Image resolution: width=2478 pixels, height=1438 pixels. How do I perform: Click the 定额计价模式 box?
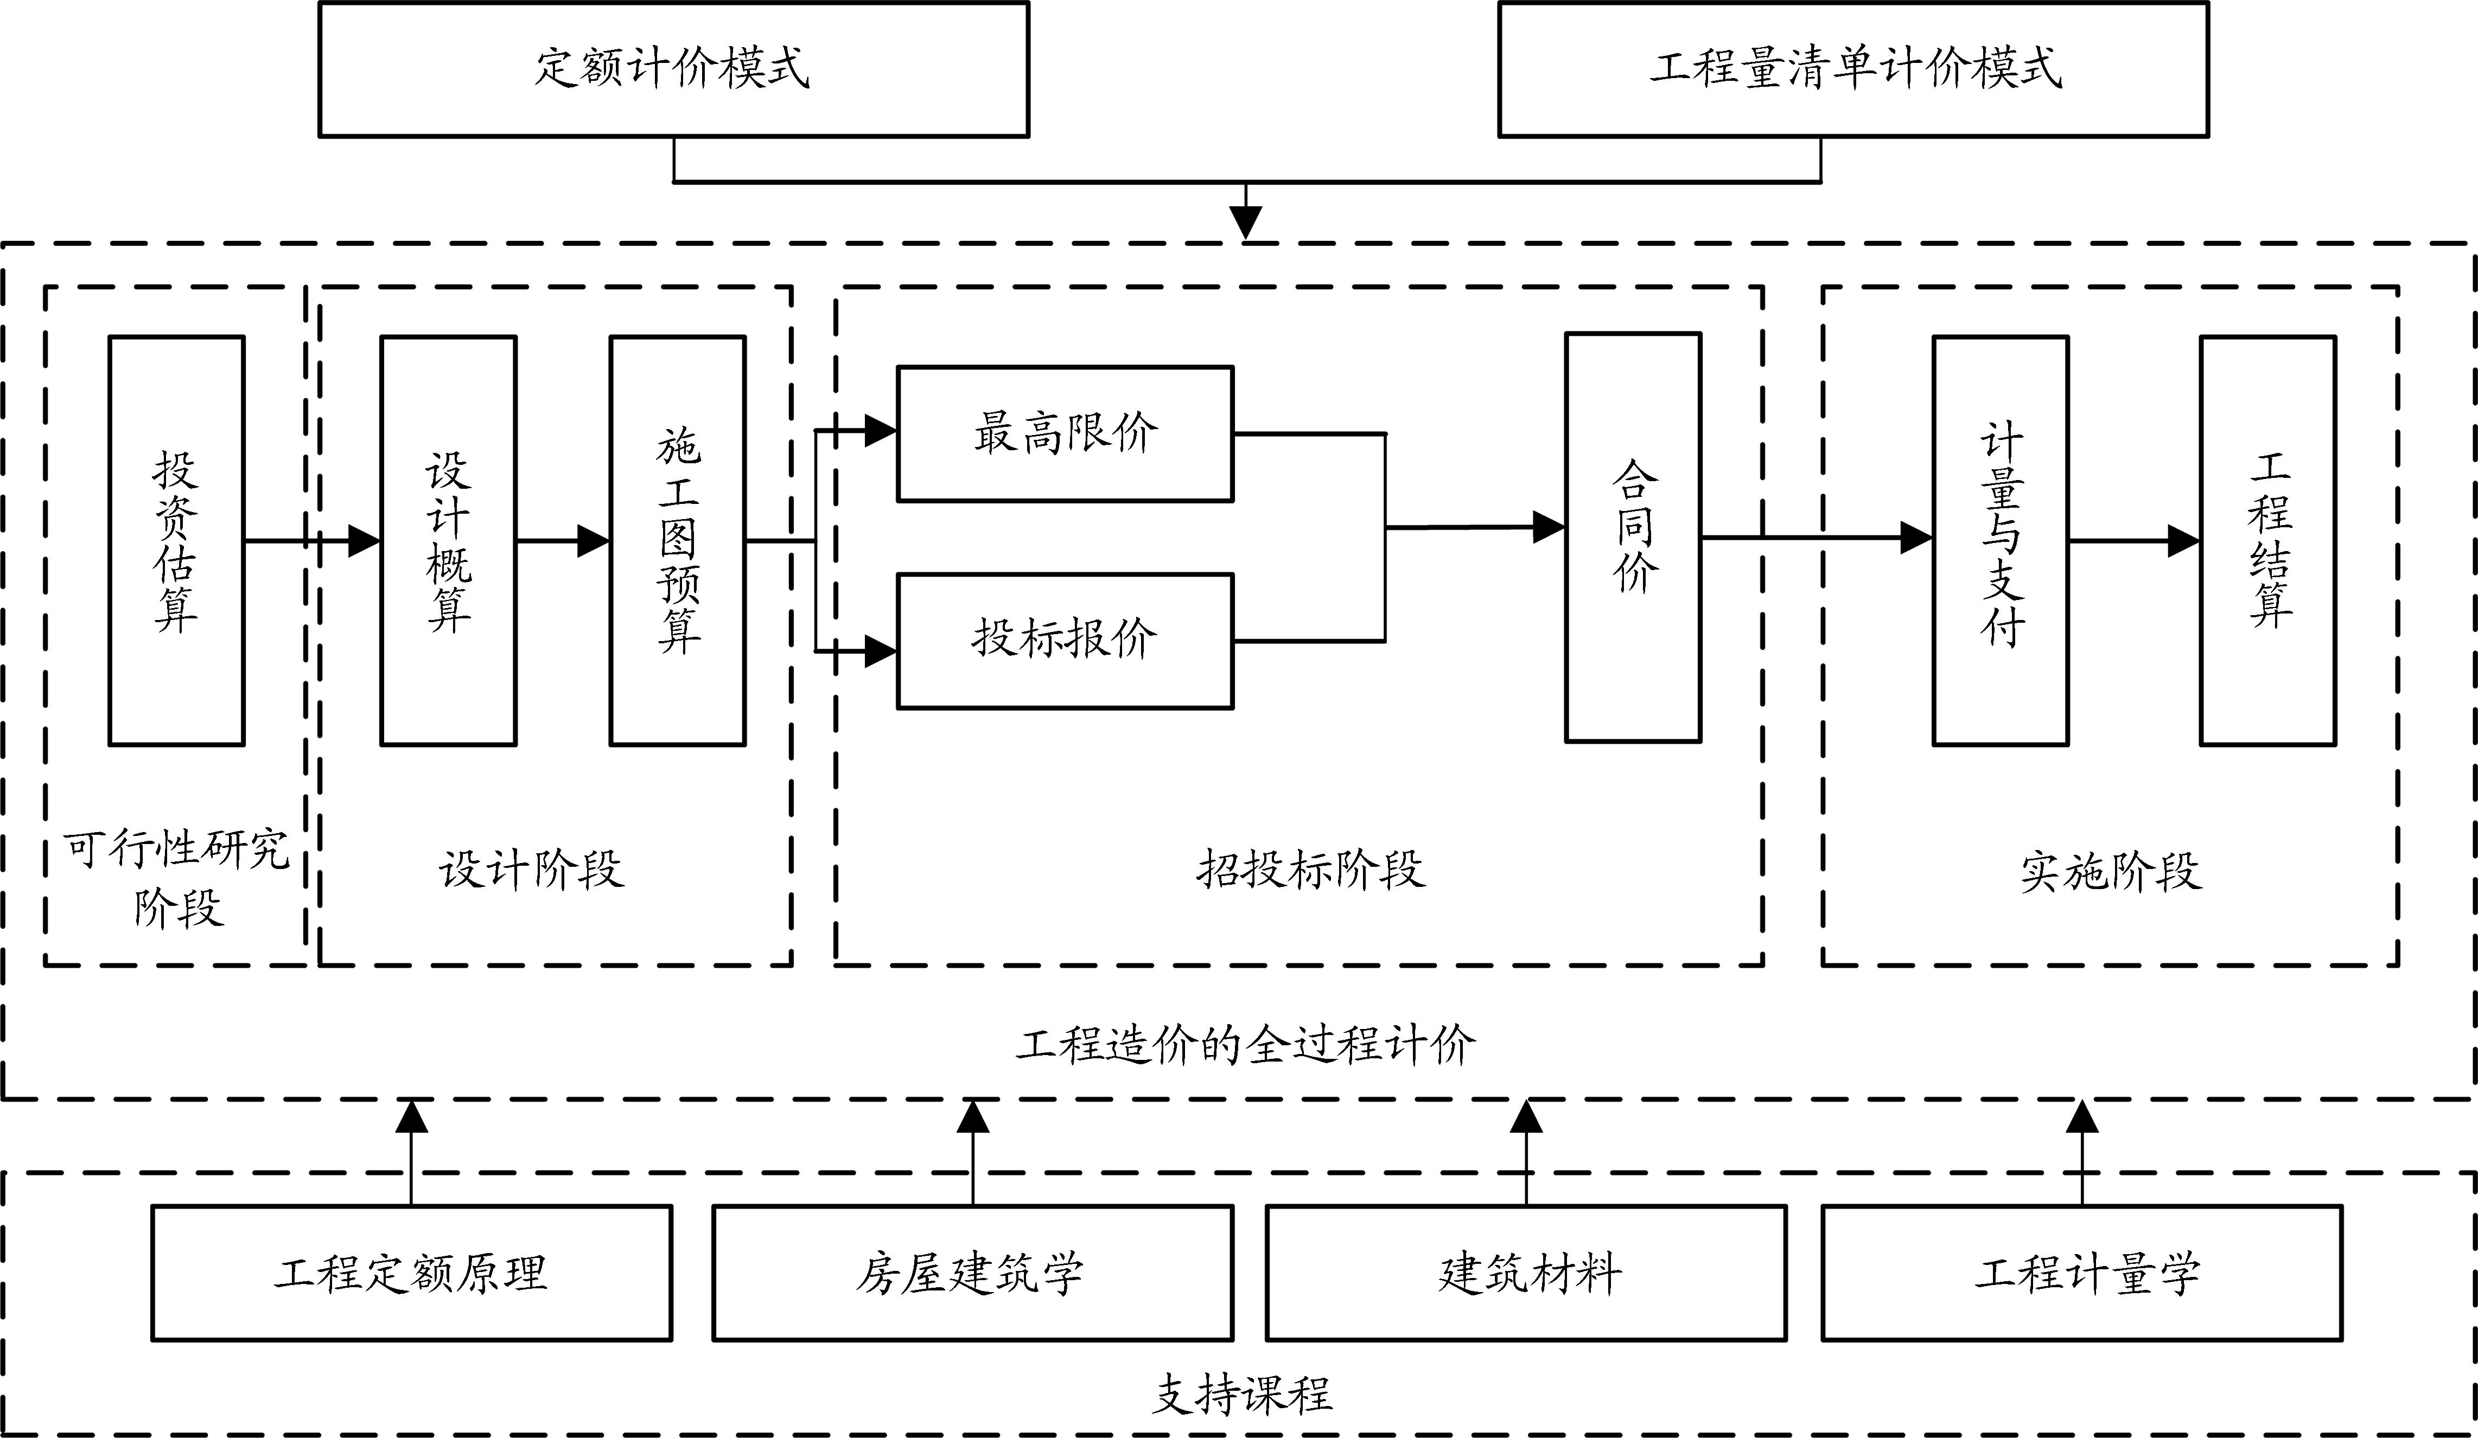pyautogui.click(x=673, y=69)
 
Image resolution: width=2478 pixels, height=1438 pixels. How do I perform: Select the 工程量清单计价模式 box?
pyautogui.click(x=1853, y=69)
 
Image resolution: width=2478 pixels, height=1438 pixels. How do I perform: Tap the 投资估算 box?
pyautogui.click(x=176, y=541)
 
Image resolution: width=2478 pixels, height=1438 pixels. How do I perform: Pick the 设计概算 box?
pyautogui.click(x=448, y=541)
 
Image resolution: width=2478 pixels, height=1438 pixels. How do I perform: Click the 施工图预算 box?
pyautogui.click(x=678, y=541)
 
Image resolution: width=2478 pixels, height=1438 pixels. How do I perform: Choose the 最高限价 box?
pyautogui.click(x=1065, y=433)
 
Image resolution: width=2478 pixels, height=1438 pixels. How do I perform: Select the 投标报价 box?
pyautogui.click(x=1065, y=641)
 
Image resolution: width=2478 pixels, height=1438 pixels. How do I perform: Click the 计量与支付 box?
pyautogui.click(x=2000, y=541)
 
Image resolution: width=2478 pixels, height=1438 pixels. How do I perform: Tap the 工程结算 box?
pyautogui.click(x=2267, y=541)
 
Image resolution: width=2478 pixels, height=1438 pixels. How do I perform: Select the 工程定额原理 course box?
pyautogui.click(x=411, y=1273)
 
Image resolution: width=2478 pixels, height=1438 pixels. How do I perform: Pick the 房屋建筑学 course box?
pyautogui.click(x=972, y=1273)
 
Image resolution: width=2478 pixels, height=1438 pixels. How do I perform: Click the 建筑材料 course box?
pyautogui.click(x=1526, y=1273)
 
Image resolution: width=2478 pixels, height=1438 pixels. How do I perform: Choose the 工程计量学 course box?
pyautogui.click(x=2082, y=1273)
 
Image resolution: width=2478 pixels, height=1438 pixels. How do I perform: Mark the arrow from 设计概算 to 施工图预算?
pyautogui.click(x=563, y=541)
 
